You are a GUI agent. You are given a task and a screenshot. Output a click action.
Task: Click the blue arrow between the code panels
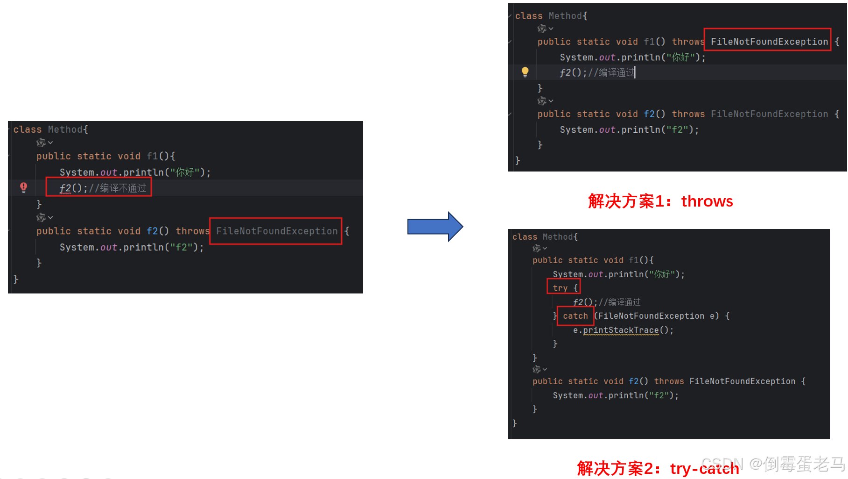[435, 227]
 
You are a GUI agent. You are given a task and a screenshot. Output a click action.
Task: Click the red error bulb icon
[24, 187]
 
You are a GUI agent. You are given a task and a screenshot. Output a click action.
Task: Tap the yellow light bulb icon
[525, 72]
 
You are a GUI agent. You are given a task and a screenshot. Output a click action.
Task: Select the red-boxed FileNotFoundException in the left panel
[276, 231]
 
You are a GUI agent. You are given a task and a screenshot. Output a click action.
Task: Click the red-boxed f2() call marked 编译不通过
[99, 188]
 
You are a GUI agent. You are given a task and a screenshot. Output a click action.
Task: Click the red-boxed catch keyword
[575, 316]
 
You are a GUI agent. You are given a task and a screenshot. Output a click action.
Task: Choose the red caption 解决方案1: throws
[660, 201]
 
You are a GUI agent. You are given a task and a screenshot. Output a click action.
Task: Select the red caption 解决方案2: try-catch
[658, 468]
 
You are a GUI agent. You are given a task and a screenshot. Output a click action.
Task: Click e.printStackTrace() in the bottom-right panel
[623, 330]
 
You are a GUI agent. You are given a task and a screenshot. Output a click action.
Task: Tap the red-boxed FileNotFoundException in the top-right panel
[769, 42]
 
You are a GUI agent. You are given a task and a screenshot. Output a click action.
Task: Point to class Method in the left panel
[50, 129]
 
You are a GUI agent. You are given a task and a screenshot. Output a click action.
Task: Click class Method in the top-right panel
[551, 16]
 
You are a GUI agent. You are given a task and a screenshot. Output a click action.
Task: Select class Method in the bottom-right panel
[545, 237]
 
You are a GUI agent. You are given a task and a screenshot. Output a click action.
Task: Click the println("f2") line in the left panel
[131, 247]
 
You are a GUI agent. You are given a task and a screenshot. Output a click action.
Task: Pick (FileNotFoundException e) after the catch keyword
[658, 316]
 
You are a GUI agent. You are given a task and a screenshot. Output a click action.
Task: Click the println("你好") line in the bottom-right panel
[618, 274]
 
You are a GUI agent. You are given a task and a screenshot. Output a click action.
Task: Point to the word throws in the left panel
[192, 231]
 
